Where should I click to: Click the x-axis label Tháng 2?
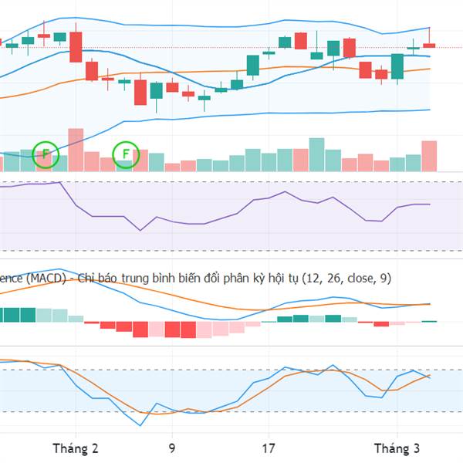point(76,448)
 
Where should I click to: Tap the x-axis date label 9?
point(172,448)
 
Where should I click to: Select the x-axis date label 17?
point(269,448)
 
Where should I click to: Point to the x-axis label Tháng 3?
point(397,448)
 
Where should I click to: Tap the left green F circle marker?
point(46,154)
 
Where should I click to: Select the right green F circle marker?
point(126,154)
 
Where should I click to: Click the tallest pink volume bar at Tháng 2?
point(76,150)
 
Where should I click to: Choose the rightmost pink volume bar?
point(429,156)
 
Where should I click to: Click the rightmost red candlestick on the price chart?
point(429,46)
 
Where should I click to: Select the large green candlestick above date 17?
point(252,66)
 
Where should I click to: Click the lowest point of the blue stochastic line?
point(140,425)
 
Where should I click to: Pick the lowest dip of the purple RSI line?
point(140,230)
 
